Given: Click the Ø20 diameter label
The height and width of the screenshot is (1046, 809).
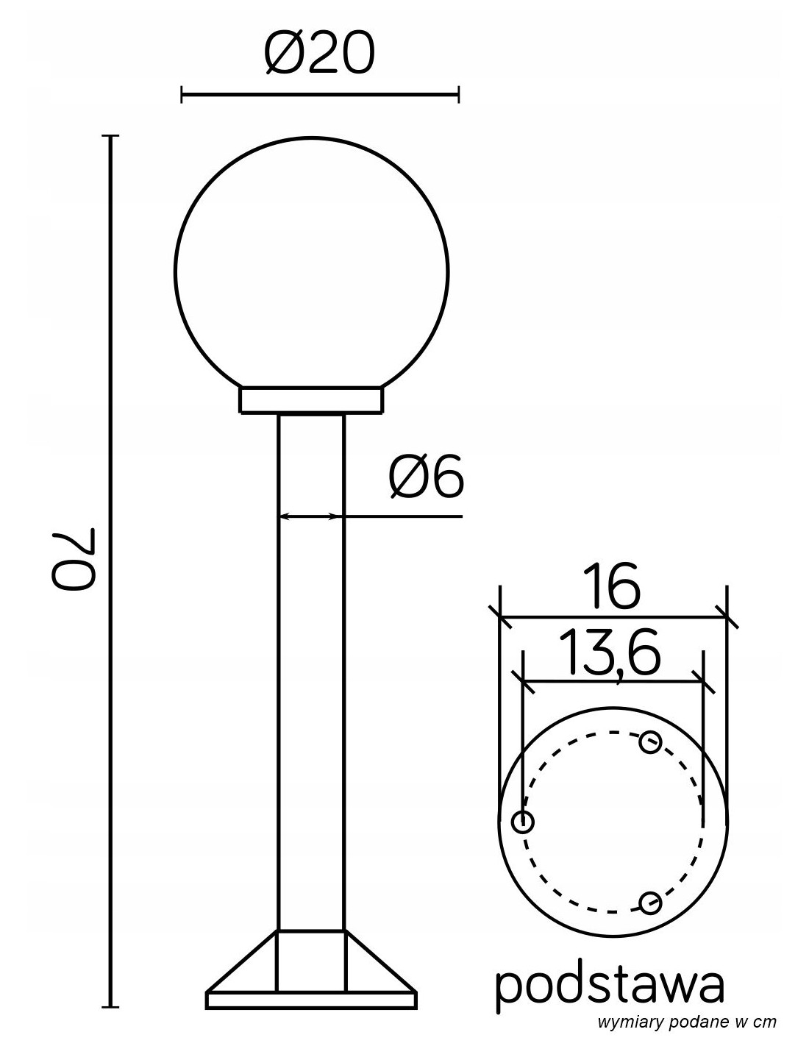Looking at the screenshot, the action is [320, 54].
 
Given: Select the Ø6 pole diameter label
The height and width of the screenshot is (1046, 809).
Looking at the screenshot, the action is [426, 477].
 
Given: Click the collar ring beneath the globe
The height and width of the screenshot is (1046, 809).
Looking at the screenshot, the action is [311, 400].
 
